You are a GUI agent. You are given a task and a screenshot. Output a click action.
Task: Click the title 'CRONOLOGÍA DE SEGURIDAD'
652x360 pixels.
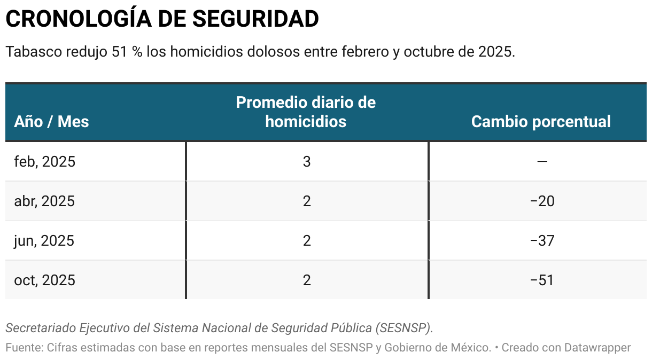pos(162,19)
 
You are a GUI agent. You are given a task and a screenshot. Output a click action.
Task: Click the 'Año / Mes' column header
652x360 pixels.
pos(51,121)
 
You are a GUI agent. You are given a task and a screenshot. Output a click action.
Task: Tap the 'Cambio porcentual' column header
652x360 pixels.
pos(541,121)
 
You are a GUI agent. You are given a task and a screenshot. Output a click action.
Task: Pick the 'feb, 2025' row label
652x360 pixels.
pos(45,161)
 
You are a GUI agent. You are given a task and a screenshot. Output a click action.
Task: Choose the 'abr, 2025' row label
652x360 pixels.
pos(44,201)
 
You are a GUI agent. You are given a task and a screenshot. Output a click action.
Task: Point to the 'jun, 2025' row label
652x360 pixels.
pos(44,240)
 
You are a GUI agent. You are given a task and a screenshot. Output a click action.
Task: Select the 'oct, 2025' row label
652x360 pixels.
pos(45,280)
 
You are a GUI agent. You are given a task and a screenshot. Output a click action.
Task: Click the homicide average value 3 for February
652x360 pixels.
pos(307,161)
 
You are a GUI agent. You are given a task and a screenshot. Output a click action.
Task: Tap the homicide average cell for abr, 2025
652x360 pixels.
pos(307,201)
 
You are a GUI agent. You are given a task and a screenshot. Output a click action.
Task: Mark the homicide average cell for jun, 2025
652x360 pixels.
pos(307,240)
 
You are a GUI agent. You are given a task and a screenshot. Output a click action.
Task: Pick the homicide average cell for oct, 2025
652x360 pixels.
pos(307,280)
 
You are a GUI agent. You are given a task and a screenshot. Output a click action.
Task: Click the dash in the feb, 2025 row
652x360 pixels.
pos(542,161)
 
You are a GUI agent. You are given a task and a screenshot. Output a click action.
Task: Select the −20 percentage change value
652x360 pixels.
pos(542,201)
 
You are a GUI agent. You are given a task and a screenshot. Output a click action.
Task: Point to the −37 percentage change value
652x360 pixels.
pos(542,240)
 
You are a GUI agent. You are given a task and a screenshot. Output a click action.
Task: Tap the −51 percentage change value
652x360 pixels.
pos(542,280)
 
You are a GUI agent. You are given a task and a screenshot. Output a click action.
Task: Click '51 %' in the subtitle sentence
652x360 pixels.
pos(127,52)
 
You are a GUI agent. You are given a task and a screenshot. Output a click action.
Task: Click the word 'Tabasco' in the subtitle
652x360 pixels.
pos(33,52)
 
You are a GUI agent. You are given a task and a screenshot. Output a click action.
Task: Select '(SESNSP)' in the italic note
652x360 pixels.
pos(403,327)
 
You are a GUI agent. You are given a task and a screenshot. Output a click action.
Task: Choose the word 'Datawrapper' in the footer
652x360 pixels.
pos(593,348)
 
